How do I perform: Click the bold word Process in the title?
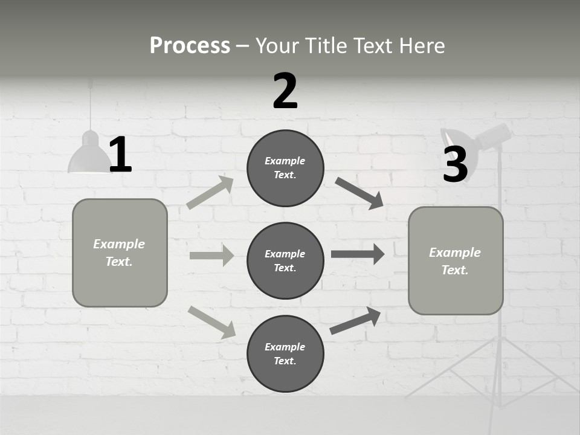point(190,45)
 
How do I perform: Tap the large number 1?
point(120,155)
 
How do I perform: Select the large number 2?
point(285,91)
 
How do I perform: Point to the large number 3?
point(455,164)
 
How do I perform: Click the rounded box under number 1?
point(120,253)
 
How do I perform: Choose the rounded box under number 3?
point(456,261)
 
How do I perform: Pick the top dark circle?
point(285,168)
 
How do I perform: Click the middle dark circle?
point(285,261)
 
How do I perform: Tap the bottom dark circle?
point(285,354)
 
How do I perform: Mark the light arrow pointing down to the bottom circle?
point(211,321)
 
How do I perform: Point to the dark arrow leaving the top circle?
point(359,193)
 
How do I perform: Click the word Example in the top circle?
point(285,161)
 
